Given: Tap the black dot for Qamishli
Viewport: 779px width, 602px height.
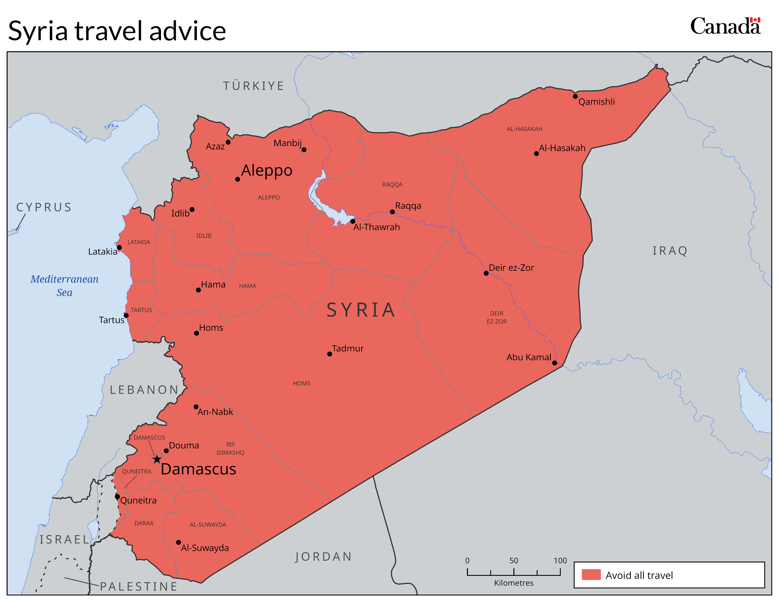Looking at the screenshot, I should coord(575,96).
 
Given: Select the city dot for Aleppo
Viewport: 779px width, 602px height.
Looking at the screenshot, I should coord(237,179).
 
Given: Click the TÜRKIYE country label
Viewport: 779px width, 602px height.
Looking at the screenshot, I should coord(254,86).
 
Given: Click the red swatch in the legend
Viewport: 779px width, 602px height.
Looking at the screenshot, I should coord(591,575).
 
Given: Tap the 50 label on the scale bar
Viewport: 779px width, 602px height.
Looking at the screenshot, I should coord(514,560).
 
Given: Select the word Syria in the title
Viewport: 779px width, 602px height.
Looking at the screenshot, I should coord(38,31).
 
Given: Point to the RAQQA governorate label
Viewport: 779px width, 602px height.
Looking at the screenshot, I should coord(392,184).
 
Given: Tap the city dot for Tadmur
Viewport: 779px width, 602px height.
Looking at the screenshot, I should coord(330,354).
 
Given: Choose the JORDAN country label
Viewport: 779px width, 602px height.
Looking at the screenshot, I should coord(323,557).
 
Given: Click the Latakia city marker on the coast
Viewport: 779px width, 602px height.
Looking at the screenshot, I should coord(119,247).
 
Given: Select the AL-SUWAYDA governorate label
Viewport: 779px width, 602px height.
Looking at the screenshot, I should coord(208,525).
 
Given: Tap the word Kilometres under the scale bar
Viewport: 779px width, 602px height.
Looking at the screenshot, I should coord(514,583).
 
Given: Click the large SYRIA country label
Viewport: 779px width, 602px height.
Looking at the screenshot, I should coord(361,310).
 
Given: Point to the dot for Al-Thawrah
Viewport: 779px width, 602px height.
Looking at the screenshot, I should coord(353,221).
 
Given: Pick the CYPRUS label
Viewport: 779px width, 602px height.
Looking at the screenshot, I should coord(44,207).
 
